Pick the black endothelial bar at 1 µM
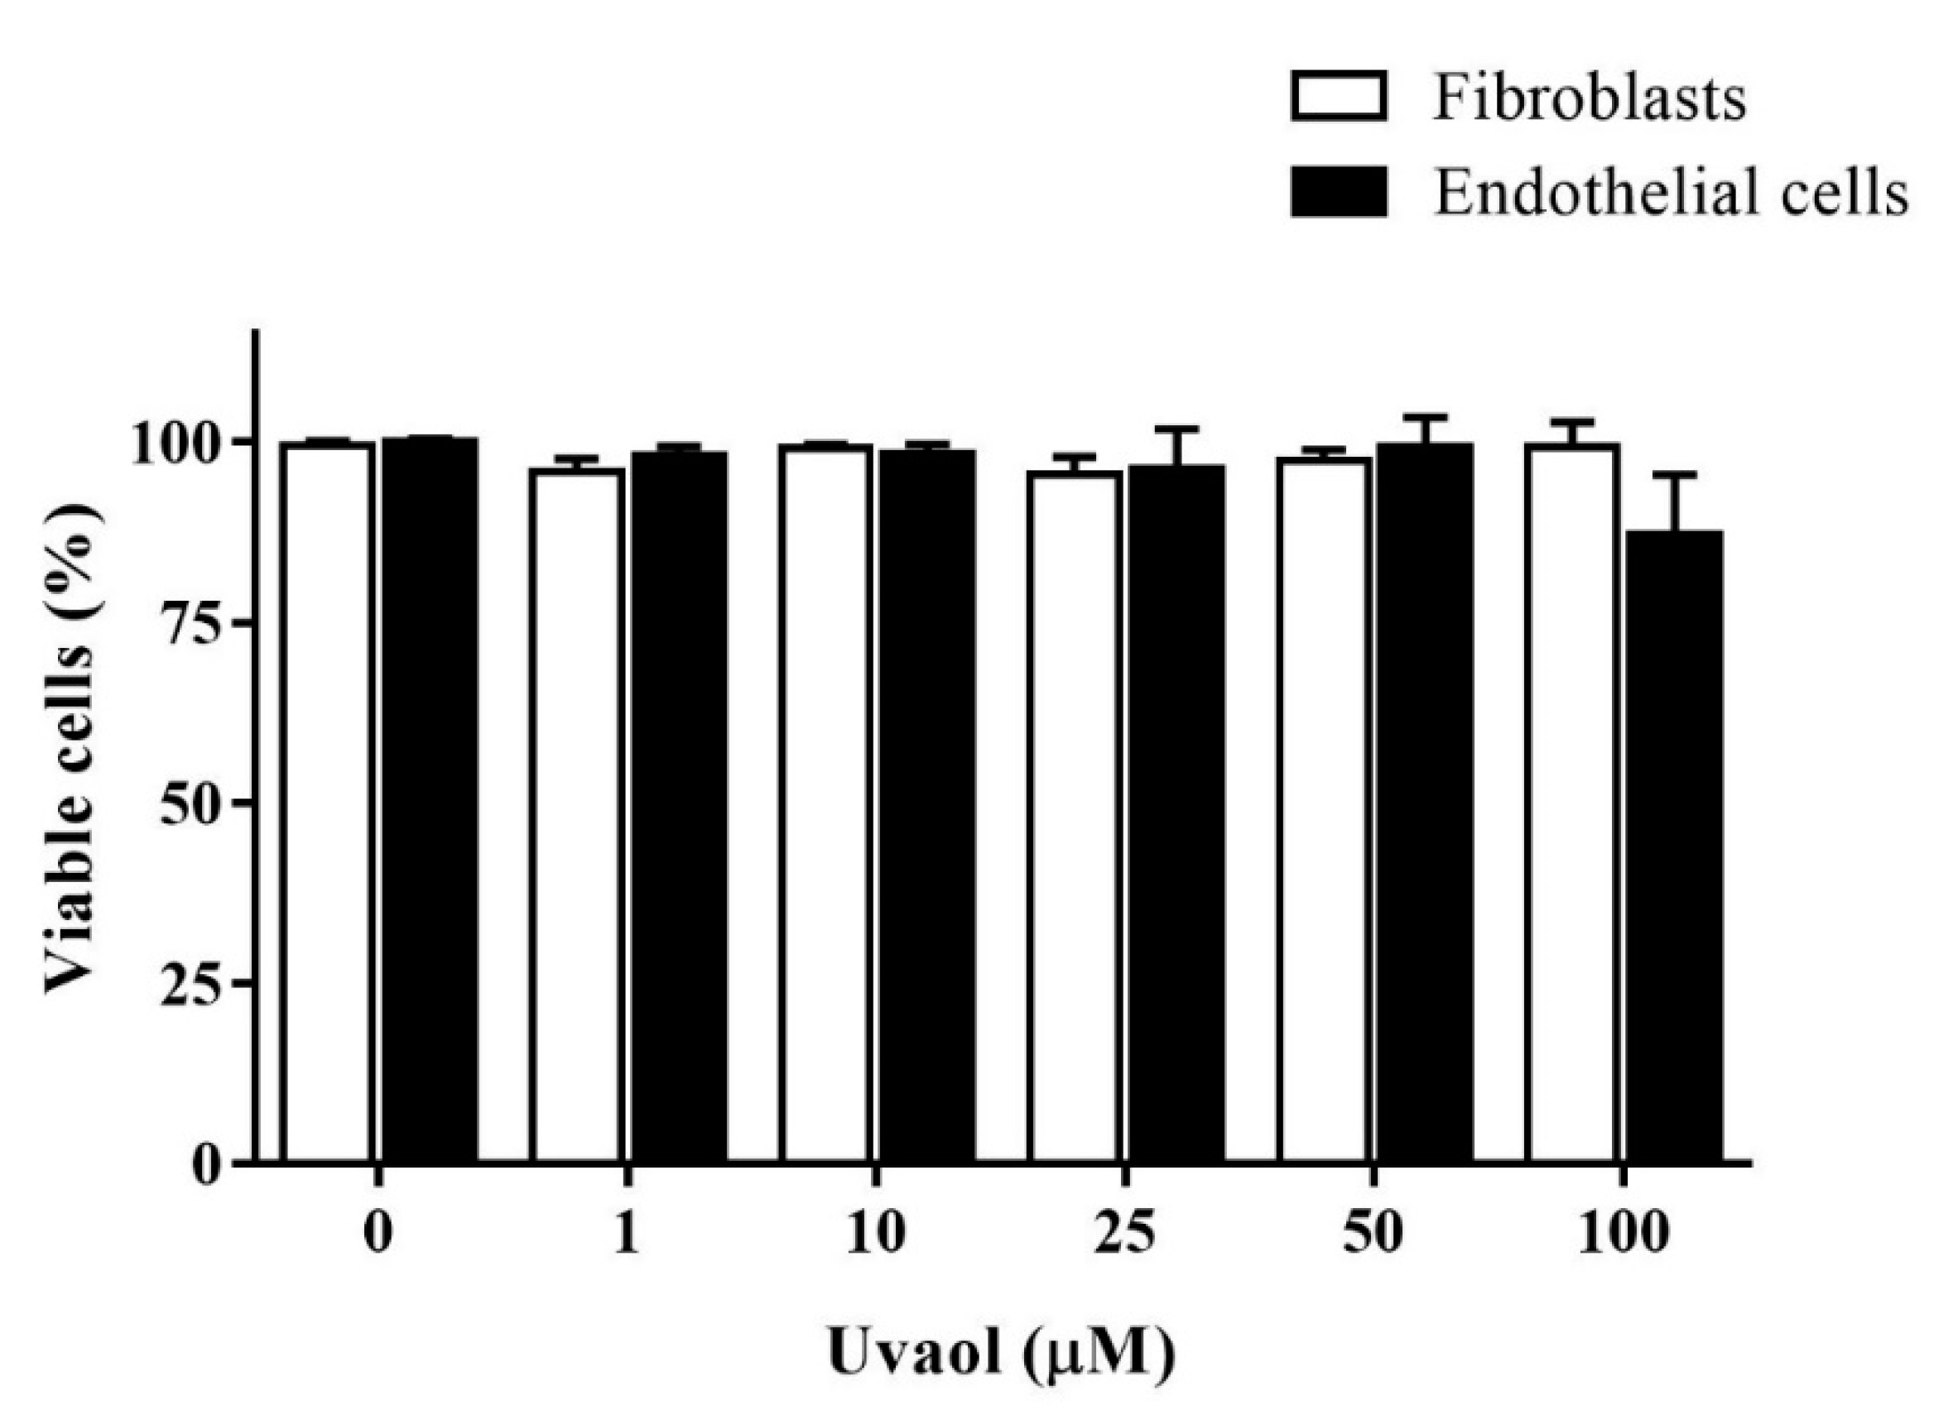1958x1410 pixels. click(679, 807)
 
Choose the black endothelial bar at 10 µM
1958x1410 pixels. click(927, 807)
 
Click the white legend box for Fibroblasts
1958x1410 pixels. click(1339, 97)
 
